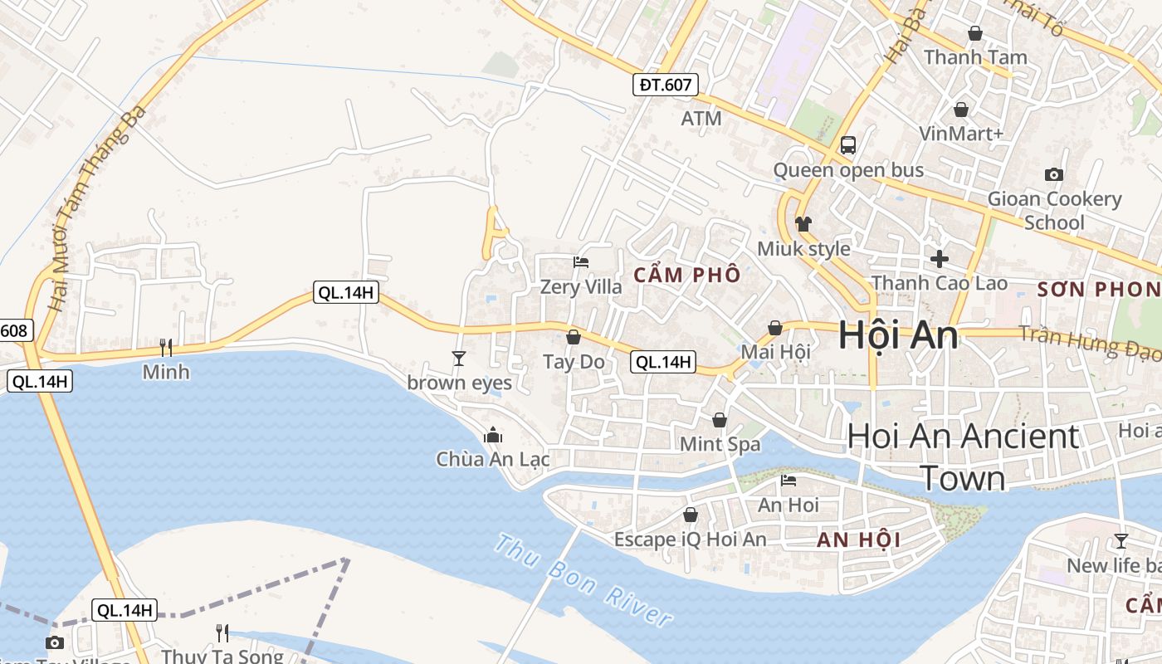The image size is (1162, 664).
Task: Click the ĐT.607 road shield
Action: tap(666, 84)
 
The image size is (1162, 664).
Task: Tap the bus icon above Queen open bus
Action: tap(847, 145)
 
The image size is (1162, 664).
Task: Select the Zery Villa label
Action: tap(580, 287)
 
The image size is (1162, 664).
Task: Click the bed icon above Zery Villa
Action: tap(581, 262)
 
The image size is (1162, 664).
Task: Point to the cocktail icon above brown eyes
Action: tap(458, 358)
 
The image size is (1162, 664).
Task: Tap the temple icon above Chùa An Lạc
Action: tap(493, 435)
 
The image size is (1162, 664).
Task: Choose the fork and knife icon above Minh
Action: tap(166, 347)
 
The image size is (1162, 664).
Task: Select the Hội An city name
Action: tap(897, 335)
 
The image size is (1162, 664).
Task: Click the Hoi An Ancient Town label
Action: tap(963, 456)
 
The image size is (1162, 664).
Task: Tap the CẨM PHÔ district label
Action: tap(686, 275)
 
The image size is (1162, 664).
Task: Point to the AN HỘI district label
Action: tap(858, 540)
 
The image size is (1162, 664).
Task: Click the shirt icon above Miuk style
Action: tap(803, 224)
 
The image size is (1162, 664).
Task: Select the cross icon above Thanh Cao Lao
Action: tap(939, 259)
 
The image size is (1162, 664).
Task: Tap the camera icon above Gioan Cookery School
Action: tap(1054, 174)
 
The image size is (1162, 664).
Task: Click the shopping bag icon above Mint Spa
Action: tap(719, 420)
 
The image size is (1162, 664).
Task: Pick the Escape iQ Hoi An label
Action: tap(690, 539)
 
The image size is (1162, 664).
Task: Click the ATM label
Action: tap(701, 119)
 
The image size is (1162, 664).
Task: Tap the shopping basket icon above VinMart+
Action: tap(960, 110)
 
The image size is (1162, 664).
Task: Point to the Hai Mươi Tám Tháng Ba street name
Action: tap(97, 207)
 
